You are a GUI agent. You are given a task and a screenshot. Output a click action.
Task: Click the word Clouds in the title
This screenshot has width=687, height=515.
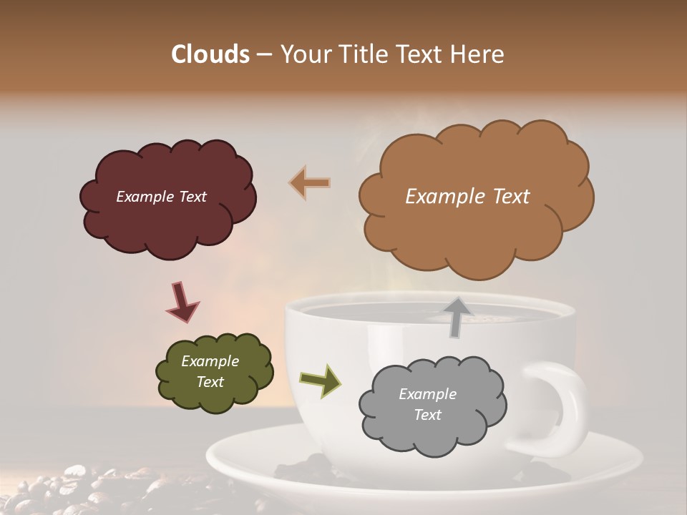[210, 54]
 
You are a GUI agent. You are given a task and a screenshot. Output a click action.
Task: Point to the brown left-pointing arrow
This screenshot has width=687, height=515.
[310, 183]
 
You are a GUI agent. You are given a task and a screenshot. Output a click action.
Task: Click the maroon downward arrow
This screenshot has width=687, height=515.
[182, 301]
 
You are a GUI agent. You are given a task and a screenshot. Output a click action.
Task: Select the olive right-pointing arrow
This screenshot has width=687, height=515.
[321, 380]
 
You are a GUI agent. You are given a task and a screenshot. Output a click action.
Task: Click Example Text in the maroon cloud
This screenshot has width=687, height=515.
[161, 197]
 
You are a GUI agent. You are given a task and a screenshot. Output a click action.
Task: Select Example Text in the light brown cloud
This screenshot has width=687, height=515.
[467, 197]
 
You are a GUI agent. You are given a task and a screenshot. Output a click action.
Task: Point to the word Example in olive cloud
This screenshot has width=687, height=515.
[210, 361]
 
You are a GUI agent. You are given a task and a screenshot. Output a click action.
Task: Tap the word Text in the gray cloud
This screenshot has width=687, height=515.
[427, 415]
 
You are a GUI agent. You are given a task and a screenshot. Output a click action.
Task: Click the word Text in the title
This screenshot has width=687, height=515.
[422, 54]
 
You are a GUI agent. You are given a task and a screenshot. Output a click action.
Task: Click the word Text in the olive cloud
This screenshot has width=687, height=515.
[210, 382]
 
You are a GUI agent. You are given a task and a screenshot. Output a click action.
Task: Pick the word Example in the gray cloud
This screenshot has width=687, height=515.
[427, 394]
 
